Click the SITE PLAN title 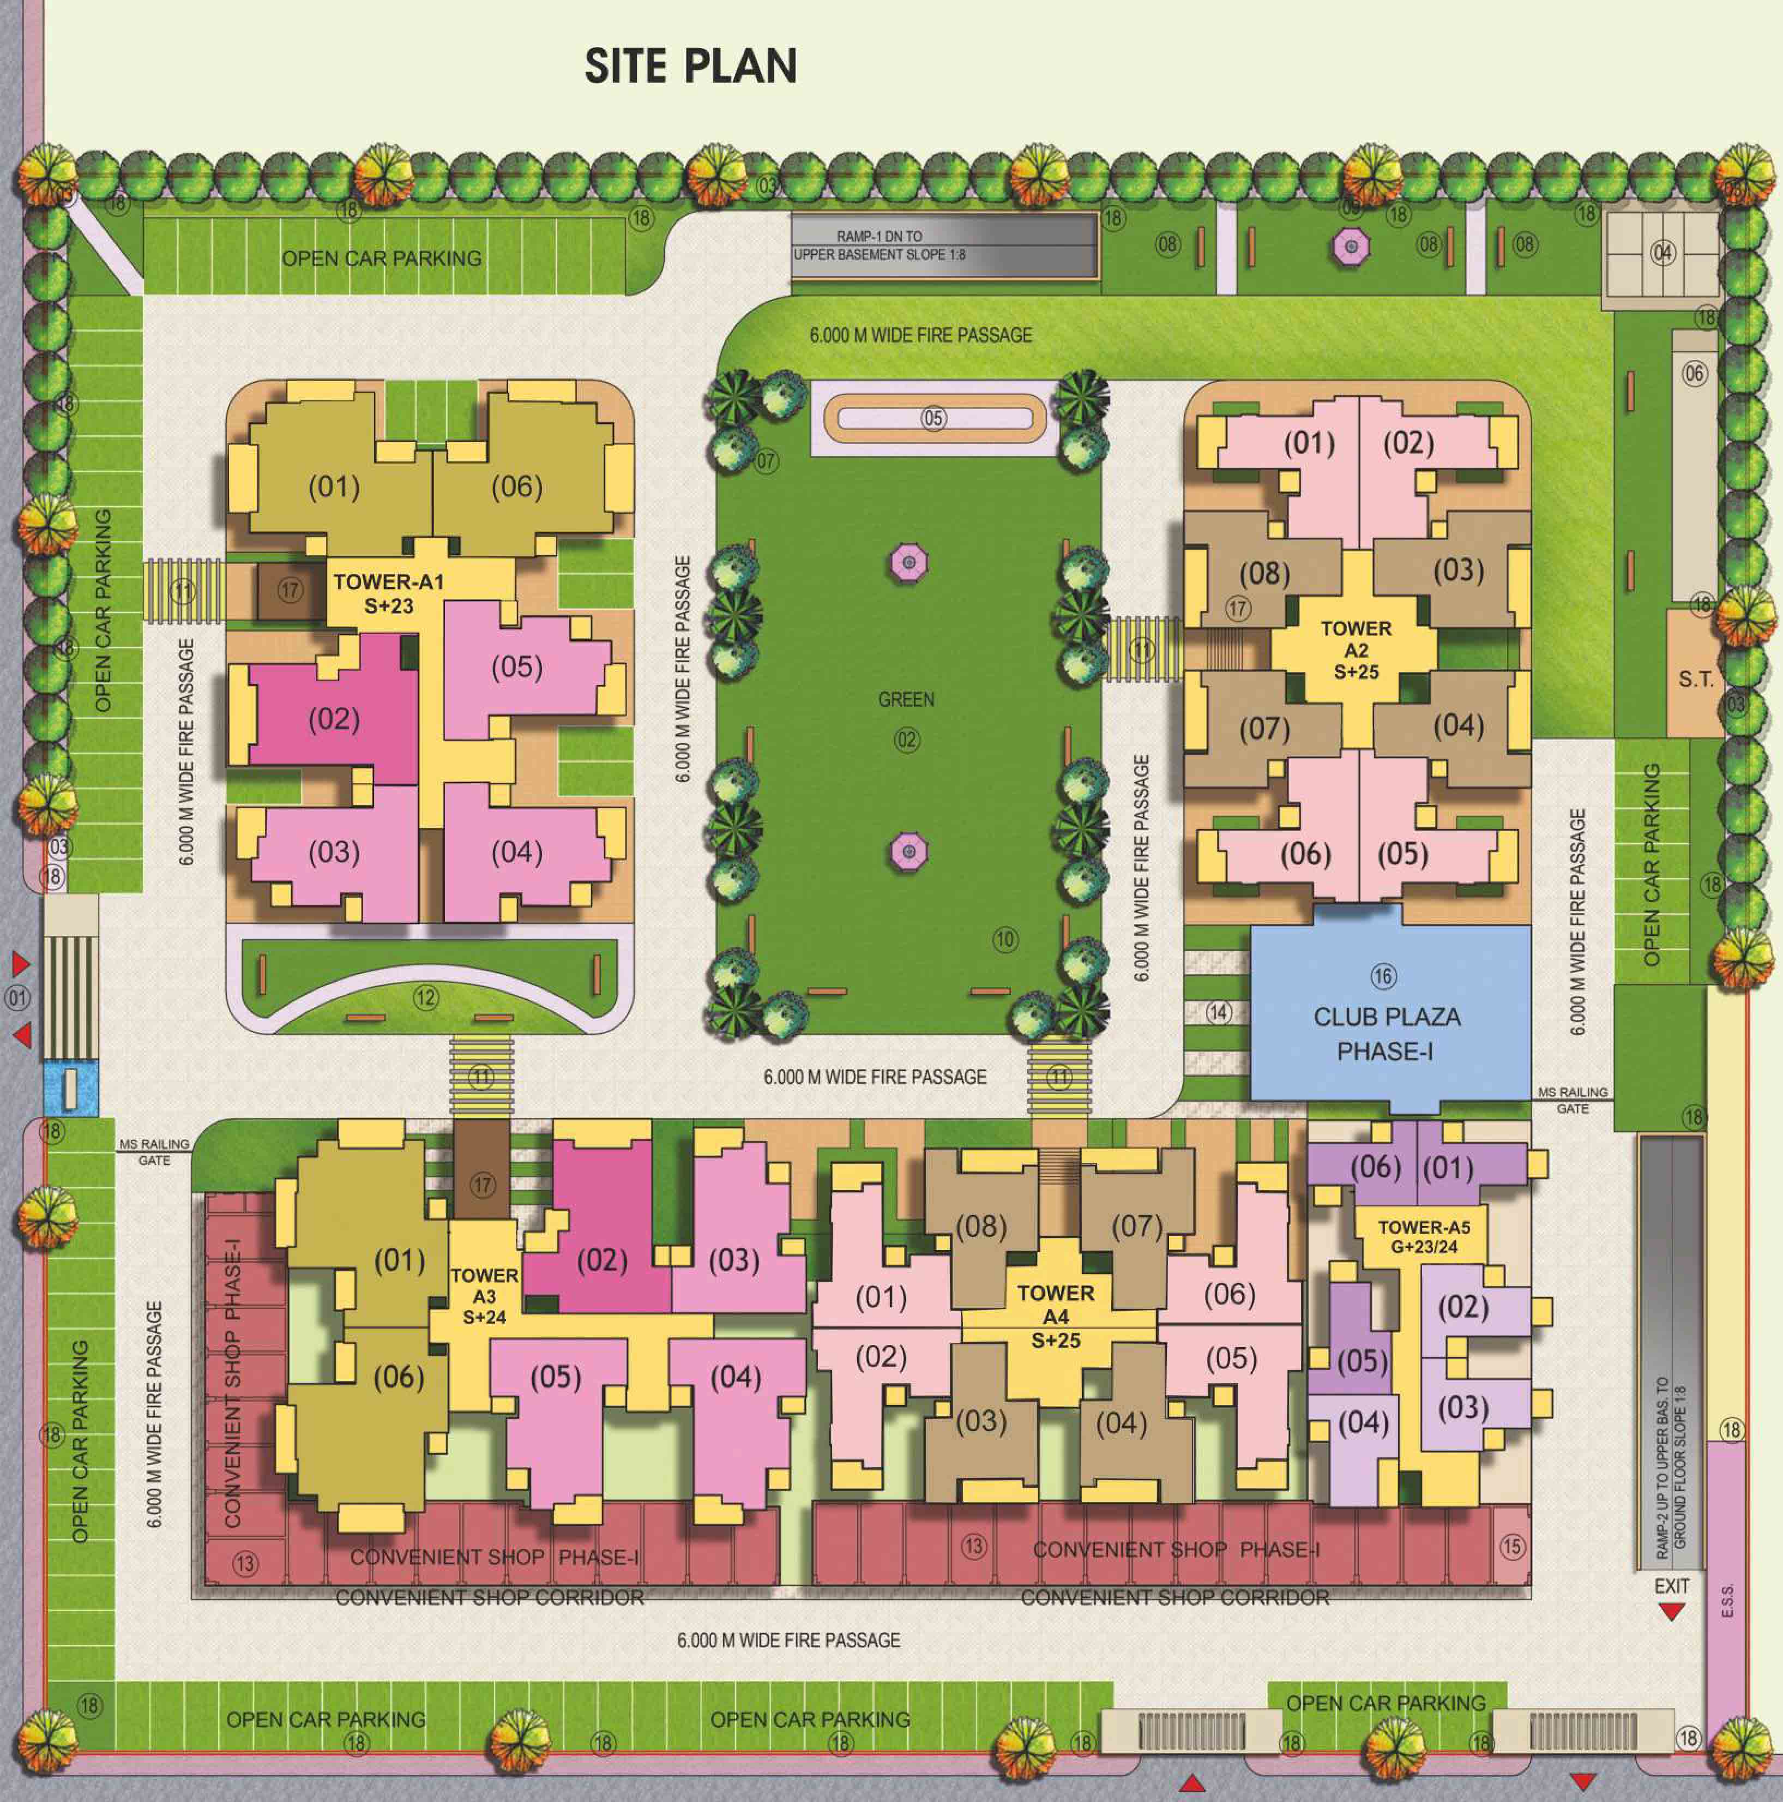690,66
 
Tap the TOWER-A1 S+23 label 388,593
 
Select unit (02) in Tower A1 334,719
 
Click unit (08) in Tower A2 1264,573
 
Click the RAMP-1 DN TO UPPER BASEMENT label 880,245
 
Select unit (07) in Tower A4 1137,1226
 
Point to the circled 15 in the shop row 1511,1546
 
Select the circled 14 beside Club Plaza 1218,1011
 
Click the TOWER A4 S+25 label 1056,1316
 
